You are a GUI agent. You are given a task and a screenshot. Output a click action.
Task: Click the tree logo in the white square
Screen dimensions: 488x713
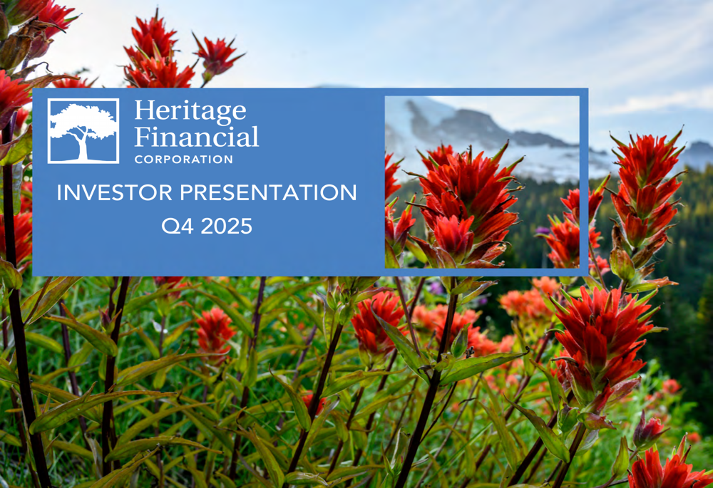[x=83, y=130]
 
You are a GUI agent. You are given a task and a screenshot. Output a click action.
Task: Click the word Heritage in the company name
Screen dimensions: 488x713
[x=190, y=111]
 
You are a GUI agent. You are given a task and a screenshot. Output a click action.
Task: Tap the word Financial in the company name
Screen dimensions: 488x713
[x=196, y=135]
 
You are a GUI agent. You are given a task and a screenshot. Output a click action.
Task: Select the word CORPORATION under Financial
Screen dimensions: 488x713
[x=183, y=160]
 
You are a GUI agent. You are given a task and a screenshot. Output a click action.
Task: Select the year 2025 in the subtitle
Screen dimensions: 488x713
[x=226, y=227]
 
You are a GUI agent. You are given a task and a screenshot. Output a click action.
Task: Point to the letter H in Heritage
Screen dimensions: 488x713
[x=145, y=111]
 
